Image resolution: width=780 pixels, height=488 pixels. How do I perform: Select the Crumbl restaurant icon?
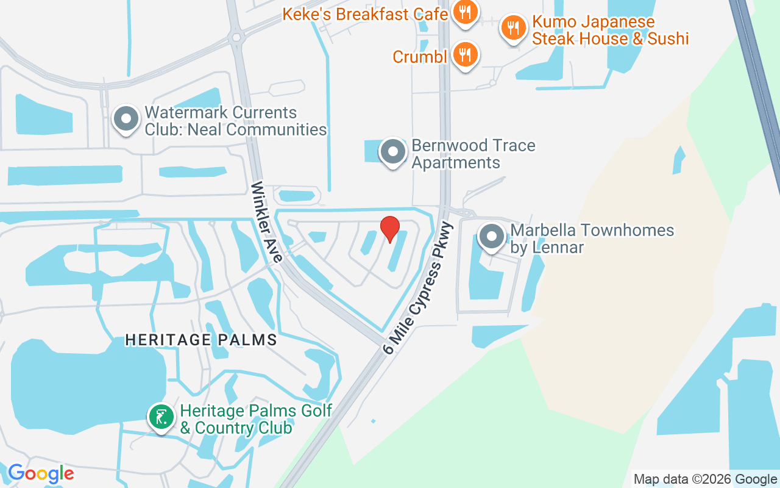click(466, 56)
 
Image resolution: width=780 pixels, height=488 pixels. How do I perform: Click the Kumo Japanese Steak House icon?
click(514, 27)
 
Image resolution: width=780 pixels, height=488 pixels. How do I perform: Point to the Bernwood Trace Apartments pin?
click(393, 151)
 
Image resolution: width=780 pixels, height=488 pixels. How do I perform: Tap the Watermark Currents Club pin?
click(126, 119)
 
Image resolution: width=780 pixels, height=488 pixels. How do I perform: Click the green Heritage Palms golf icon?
click(161, 418)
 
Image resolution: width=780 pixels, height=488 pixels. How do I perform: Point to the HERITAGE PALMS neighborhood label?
click(201, 340)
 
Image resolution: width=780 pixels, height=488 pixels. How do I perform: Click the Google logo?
click(41, 473)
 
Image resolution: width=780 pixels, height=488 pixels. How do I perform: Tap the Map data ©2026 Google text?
click(705, 479)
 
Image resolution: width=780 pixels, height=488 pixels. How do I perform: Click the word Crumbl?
click(420, 57)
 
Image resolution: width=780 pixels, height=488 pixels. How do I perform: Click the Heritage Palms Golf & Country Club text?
click(256, 419)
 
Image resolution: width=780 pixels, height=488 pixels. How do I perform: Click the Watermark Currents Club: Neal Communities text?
click(235, 121)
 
